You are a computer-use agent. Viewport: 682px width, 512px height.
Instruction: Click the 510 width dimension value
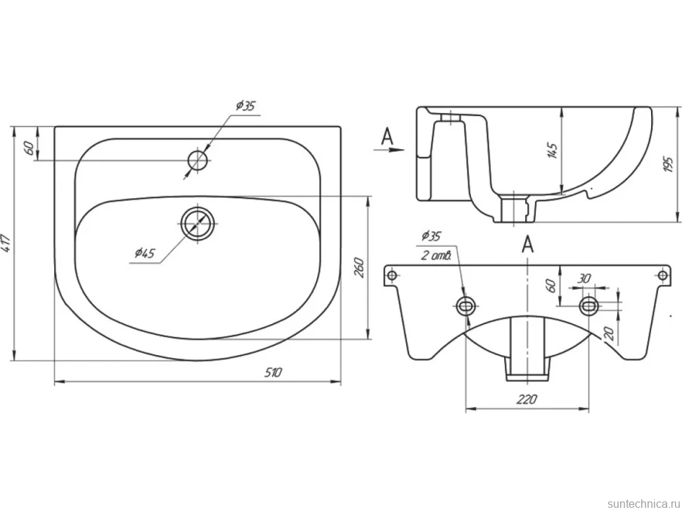pos(273,372)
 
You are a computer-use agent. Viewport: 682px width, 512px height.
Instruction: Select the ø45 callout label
pos(145,252)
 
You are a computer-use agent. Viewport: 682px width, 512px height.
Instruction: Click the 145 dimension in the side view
pos(553,150)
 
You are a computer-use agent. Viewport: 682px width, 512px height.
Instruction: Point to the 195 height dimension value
pos(668,164)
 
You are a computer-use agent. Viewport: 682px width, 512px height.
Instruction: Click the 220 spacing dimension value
pos(527,399)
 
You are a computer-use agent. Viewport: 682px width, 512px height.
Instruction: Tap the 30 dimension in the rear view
pos(584,279)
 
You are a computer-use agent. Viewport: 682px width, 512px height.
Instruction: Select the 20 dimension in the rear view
pos(609,333)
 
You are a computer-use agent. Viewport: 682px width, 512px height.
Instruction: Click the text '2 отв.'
pos(437,255)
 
